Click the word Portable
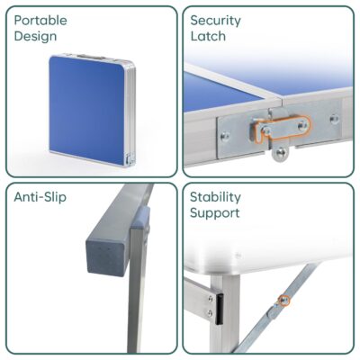pyautogui.click(x=40, y=21)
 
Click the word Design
pyautogui.click(x=35, y=36)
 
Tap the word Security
pyautogui.click(x=215, y=21)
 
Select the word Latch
pyautogui.click(x=208, y=36)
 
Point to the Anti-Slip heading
pyautogui.click(x=40, y=197)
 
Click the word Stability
pyautogui.click(x=215, y=197)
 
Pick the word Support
pyautogui.click(x=215, y=213)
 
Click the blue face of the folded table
pyautogui.click(x=87, y=110)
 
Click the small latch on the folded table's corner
pyautogui.click(x=130, y=158)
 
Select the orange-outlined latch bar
pyautogui.click(x=281, y=128)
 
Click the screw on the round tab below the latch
pyautogui.click(x=281, y=153)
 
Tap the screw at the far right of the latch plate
pyautogui.click(x=334, y=119)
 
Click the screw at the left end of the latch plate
pyautogui.click(x=225, y=137)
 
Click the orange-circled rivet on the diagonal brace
pyautogui.click(x=283, y=300)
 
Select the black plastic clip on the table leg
pyautogui.click(x=220, y=309)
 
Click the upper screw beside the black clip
pyautogui.click(x=211, y=299)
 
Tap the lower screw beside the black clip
pyautogui.click(x=210, y=313)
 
